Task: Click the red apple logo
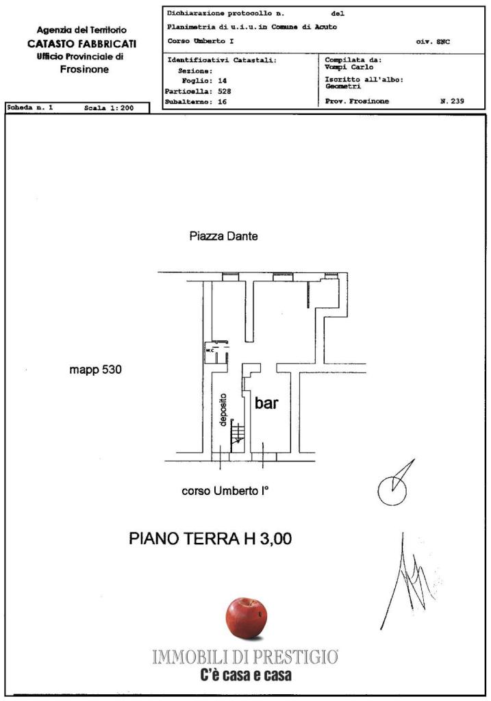pos(247,619)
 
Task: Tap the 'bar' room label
pos(266,403)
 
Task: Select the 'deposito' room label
pos(223,410)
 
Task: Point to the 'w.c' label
pos(210,350)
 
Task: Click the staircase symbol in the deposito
pos(238,434)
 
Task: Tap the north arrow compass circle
pos(392,490)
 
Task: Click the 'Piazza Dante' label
pos(224,235)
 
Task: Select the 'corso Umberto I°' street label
pos(225,491)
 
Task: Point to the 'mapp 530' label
pos(95,370)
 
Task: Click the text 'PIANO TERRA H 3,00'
pos(210,538)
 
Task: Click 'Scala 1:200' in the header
pos(109,107)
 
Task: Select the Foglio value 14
pos(223,81)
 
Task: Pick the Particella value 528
pos(224,91)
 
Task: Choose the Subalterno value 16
pos(223,101)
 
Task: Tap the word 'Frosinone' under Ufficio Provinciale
pos(84,69)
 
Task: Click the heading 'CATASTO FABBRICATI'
pos(82,44)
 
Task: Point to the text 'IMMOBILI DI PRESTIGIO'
pos(245,657)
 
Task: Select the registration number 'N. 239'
pos(452,101)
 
